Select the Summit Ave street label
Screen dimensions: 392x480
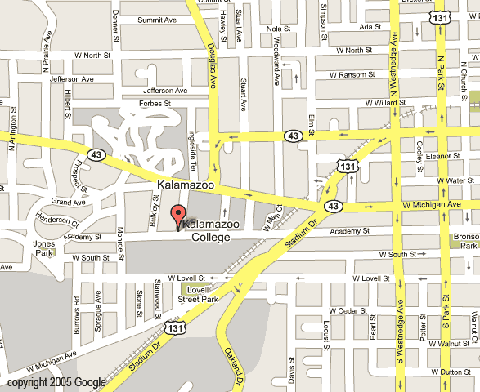pyautogui.click(x=158, y=19)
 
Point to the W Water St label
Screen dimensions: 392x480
pyautogui.click(x=455, y=180)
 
